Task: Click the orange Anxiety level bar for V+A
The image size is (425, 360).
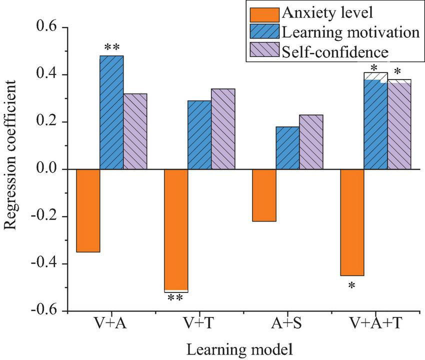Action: (x=88, y=210)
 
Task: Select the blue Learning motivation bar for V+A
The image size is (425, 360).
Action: (x=111, y=112)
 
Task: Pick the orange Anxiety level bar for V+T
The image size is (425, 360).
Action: (x=176, y=230)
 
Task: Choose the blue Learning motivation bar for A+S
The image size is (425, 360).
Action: (x=287, y=148)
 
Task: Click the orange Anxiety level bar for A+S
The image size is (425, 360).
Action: (x=264, y=195)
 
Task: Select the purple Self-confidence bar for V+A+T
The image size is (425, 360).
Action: (x=399, y=125)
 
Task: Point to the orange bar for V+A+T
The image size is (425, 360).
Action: (x=352, y=222)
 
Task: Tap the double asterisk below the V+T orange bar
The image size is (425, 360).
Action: (x=175, y=298)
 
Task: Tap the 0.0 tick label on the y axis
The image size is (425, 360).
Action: (x=46, y=169)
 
